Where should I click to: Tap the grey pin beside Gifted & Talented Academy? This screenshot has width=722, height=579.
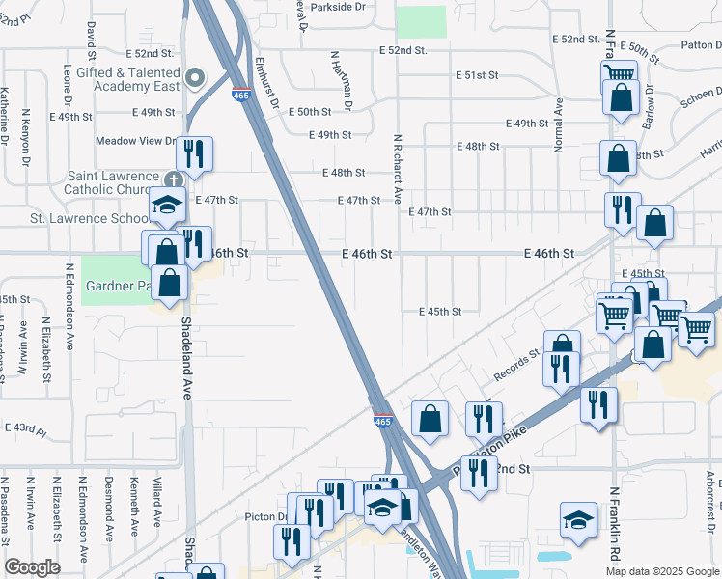pyautogui.click(x=196, y=78)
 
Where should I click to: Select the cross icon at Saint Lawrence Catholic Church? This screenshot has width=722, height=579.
pyautogui.click(x=173, y=180)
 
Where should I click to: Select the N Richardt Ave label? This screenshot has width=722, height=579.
pyautogui.click(x=396, y=170)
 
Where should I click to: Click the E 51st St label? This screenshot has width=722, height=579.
pyautogui.click(x=477, y=74)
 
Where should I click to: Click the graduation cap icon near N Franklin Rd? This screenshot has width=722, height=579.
pyautogui.click(x=579, y=519)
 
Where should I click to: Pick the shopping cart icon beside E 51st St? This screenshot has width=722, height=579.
pyautogui.click(x=618, y=72)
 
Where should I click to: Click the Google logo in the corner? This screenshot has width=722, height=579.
pyautogui.click(x=32, y=567)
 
